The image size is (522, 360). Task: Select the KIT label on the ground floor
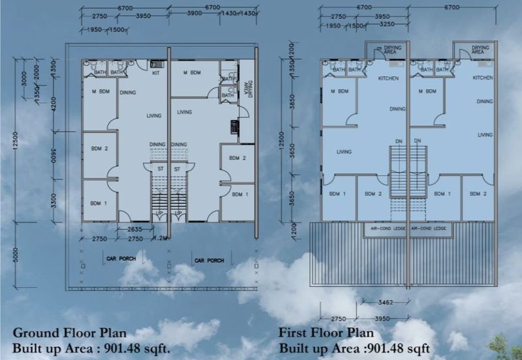pyautogui.click(x=156, y=73)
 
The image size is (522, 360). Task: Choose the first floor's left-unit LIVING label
pyautogui.click(x=344, y=152)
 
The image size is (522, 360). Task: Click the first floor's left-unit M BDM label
pyautogui.click(x=340, y=91)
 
